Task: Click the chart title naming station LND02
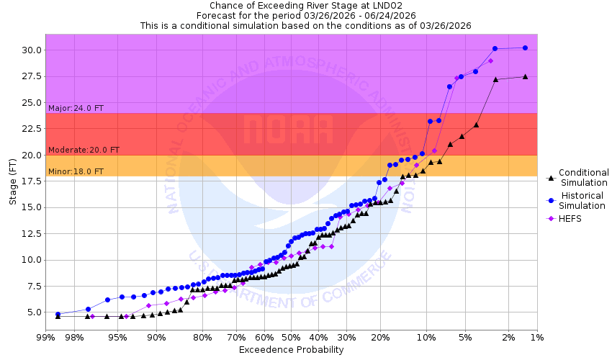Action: click(305, 5)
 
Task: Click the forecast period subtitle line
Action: click(305, 15)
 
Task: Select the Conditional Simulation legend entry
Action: click(583, 177)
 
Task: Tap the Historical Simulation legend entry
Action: click(583, 200)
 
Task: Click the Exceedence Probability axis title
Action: click(291, 350)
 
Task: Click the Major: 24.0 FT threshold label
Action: click(76, 108)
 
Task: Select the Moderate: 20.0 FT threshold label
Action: click(84, 150)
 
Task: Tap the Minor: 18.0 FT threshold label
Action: click(76, 171)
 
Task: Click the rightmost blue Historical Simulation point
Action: click(525, 48)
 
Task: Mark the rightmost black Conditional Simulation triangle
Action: click(525, 76)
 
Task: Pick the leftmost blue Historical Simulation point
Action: click(58, 314)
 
